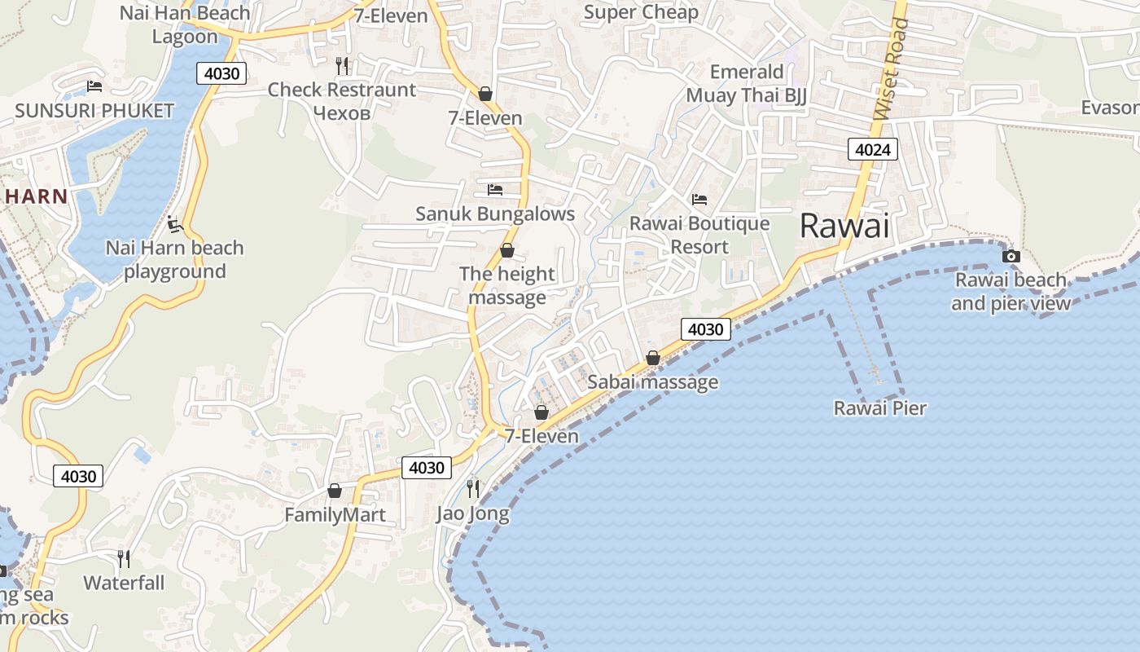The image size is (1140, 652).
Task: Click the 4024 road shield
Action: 873,149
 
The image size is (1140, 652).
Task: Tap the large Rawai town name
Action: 844,226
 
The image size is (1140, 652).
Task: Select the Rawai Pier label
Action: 880,407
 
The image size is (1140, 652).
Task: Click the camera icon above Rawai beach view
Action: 1011,256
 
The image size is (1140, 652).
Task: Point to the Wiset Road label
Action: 890,69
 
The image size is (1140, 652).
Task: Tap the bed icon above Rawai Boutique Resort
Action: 699,199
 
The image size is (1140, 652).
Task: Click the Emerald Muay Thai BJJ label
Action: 747,83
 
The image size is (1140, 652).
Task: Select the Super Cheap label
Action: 641,12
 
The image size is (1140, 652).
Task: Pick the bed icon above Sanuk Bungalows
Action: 494,190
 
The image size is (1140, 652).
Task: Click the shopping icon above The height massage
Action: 506,250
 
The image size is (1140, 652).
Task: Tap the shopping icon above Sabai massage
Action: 652,358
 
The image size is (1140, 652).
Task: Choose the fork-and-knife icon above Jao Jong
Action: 472,488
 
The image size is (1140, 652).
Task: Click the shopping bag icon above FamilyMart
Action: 334,491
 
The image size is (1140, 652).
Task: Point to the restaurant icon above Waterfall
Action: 124,558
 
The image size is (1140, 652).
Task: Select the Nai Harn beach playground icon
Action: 173,223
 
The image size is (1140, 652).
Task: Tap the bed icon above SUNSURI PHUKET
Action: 94,86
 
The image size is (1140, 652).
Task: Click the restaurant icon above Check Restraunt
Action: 342,65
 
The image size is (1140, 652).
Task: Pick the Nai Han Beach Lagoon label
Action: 185,24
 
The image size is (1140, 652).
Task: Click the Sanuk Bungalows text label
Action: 495,214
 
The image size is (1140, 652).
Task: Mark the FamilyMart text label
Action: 335,515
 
